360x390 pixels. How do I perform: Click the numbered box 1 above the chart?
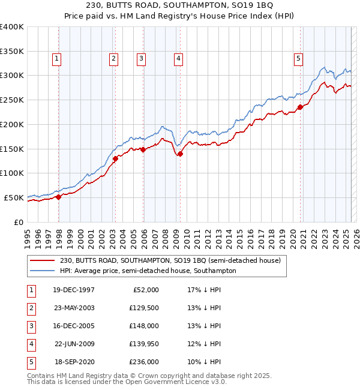pyautogui.click(x=56, y=59)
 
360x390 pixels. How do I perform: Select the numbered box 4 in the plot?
pyautogui.click(x=179, y=59)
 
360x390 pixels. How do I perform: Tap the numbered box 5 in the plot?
pyautogui.click(x=298, y=59)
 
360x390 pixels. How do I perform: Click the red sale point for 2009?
pyautogui.click(x=180, y=154)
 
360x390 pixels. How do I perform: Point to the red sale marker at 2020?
pyautogui.click(x=299, y=107)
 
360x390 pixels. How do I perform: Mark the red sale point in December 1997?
pyautogui.click(x=59, y=196)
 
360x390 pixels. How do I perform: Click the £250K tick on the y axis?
pyautogui.click(x=11, y=100)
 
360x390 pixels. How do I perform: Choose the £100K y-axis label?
pyautogui.click(x=11, y=173)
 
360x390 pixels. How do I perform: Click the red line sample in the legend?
pyautogui.click(x=42, y=261)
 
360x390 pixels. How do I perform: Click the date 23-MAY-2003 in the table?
pyautogui.click(x=74, y=308)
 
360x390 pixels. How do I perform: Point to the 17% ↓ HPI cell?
pyautogui.click(x=205, y=290)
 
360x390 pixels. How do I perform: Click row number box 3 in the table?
pyautogui.click(x=30, y=326)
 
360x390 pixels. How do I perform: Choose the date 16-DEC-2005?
pyautogui.click(x=74, y=326)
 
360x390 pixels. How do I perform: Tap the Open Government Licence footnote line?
pyautogui.click(x=127, y=382)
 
